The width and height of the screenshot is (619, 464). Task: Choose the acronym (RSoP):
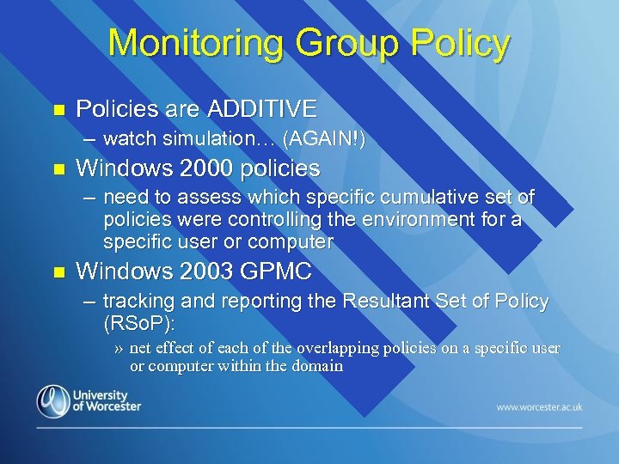point(138,324)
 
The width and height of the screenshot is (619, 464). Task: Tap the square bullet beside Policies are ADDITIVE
point(58,110)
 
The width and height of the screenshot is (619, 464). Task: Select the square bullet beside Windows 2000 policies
point(58,168)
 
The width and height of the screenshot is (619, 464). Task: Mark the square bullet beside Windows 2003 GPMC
point(58,272)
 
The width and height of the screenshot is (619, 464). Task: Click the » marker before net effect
point(120,349)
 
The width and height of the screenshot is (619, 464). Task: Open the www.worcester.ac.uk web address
point(539,406)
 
